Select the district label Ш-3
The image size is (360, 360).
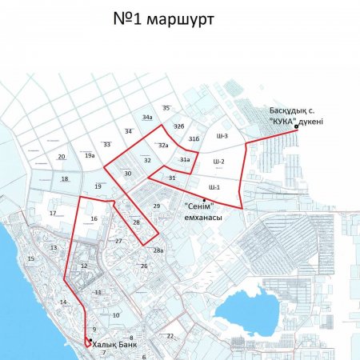pyautogui.click(x=222, y=137)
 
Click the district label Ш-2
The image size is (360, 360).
pyautogui.click(x=218, y=162)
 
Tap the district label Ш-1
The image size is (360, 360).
pyautogui.click(x=214, y=186)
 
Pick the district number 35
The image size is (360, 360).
pyautogui.click(x=166, y=107)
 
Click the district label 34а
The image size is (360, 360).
pyautogui.click(x=148, y=118)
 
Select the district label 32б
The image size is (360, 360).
pyautogui.click(x=178, y=126)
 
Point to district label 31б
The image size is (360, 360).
pyautogui.click(x=194, y=139)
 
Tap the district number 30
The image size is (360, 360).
pyautogui.click(x=127, y=173)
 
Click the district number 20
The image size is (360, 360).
pyautogui.click(x=62, y=156)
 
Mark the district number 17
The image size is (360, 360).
pyautogui.click(x=53, y=214)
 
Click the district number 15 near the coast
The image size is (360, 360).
pyautogui.click(x=31, y=258)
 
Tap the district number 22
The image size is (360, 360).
pyautogui.click(x=170, y=336)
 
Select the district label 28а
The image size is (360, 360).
pyautogui.click(x=158, y=251)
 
